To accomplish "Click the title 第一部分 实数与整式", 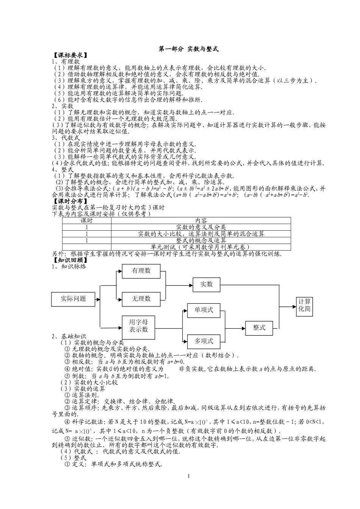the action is click(188, 49).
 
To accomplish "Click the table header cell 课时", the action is click(87, 220).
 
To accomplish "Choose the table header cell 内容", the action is click(201, 220).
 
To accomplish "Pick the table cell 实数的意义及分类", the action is click(201, 227).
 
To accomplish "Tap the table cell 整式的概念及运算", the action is click(201, 240).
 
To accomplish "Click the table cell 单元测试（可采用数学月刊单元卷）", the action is click(201, 247).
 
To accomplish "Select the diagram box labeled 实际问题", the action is click(73, 299).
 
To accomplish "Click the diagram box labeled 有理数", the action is click(141, 271).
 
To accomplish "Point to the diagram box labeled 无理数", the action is click(141, 299).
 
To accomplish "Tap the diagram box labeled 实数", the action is click(207, 284).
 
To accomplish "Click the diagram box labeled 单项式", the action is click(204, 310).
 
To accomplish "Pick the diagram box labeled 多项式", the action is click(204, 341).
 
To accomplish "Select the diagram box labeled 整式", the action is click(259, 328).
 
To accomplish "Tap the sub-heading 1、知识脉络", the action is click(69, 266).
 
